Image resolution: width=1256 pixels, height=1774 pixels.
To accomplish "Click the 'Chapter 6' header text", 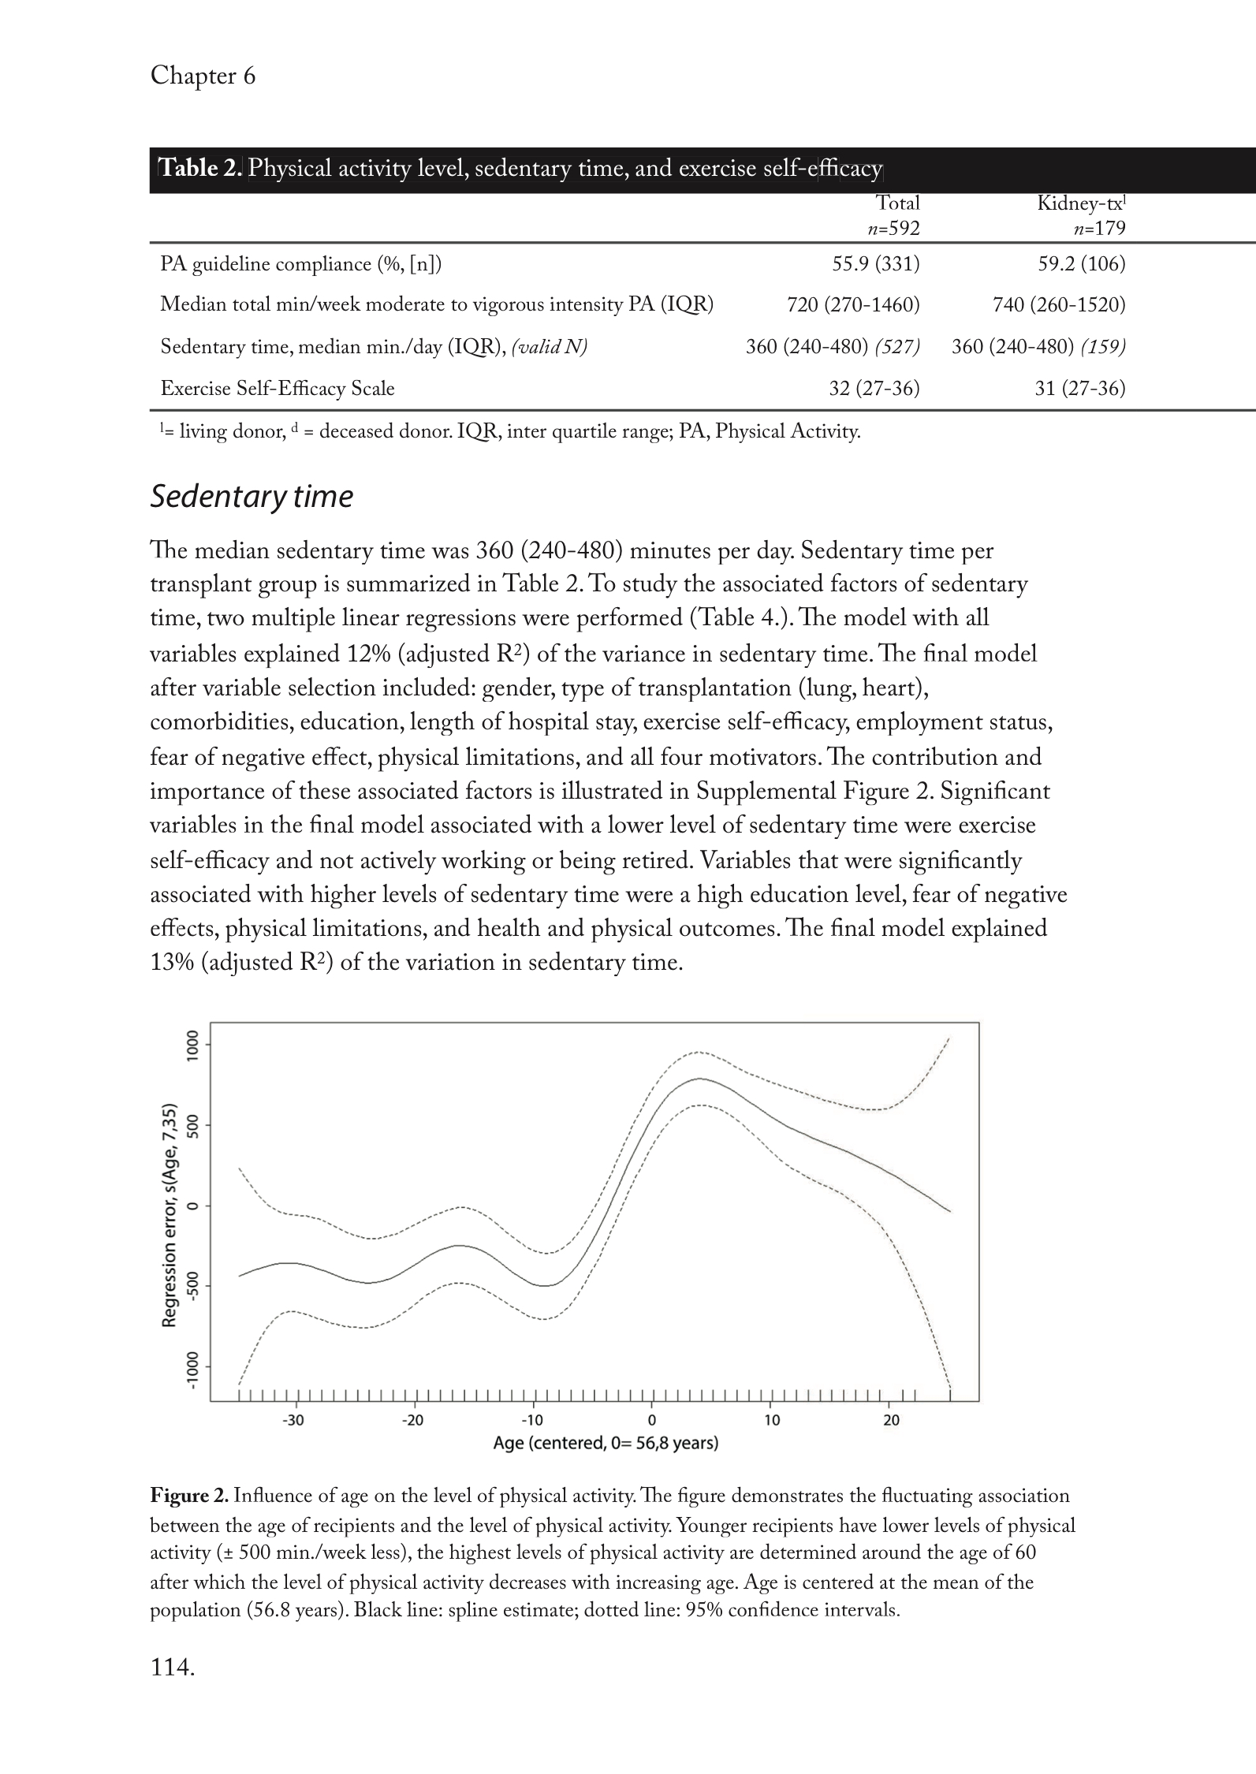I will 203,76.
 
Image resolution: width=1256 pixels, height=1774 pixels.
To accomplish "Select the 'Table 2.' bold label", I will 201,169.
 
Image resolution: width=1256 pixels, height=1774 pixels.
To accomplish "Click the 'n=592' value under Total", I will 893,229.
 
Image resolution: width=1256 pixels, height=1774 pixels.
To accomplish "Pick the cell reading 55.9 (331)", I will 876,264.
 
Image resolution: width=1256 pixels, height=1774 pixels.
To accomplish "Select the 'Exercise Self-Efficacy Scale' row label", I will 278,389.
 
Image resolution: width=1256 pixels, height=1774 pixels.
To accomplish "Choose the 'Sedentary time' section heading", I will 252,497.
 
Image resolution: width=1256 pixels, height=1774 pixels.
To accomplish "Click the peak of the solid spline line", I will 699,1079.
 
